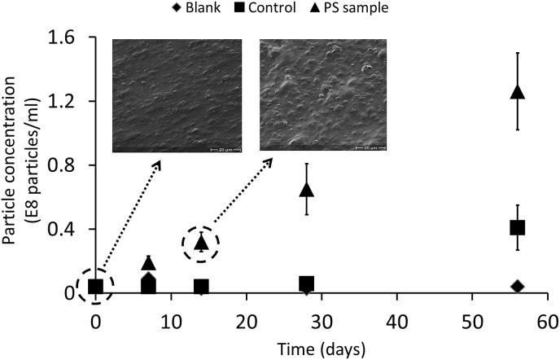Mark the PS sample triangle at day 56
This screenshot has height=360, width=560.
[x=517, y=92]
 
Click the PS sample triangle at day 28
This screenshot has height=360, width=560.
[x=307, y=189]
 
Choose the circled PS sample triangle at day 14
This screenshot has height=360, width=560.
[x=202, y=242]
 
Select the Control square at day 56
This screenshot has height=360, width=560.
[x=517, y=227]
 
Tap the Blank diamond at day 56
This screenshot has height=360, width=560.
[x=517, y=286]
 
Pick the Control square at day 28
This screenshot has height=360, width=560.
[x=307, y=284]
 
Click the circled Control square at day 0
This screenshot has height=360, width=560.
[x=96, y=286]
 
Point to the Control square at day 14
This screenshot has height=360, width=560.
[x=201, y=287]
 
